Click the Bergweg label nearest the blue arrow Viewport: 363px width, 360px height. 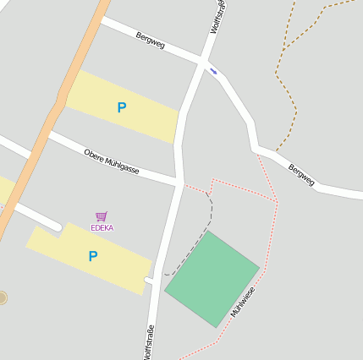149,40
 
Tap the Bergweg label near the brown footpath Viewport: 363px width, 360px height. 301,175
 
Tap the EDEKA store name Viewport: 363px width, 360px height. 102,227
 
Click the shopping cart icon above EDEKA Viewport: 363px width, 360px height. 102,216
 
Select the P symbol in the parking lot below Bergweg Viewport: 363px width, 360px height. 122,107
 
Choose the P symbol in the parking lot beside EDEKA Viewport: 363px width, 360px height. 93,256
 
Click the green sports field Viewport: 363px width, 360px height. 212,278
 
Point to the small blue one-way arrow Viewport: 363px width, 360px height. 212,72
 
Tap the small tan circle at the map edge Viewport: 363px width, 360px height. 3,297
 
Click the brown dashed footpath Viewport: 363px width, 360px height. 286,93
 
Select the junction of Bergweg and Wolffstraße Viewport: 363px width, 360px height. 203,63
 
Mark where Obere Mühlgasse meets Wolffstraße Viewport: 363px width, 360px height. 179,182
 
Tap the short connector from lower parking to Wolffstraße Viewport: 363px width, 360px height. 150,280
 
